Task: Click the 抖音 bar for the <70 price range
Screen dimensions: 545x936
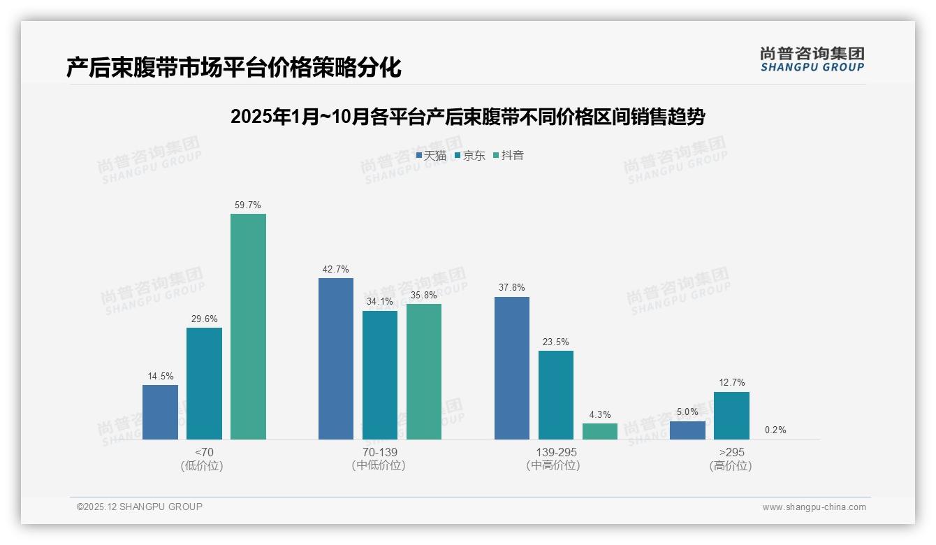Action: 248,326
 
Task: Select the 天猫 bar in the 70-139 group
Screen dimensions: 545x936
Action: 336,358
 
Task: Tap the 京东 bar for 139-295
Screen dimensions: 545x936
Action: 556,395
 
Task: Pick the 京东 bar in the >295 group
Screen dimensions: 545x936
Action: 731,416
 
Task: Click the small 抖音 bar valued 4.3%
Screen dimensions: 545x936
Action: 600,431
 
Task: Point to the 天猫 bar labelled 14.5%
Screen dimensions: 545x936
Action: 160,412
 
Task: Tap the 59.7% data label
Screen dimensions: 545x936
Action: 248,205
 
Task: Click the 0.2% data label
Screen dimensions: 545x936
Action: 775,430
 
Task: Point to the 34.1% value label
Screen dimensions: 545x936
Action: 380,302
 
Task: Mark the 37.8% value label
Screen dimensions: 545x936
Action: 512,288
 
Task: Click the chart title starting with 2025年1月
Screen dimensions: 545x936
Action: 467,117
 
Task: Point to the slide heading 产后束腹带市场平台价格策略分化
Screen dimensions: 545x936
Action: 233,67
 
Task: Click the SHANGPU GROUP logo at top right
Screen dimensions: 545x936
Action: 812,59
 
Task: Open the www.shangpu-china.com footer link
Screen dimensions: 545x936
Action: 814,507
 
